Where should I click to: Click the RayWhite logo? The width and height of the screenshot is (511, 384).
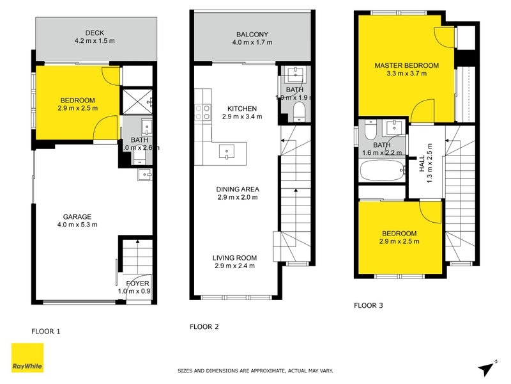point(27,359)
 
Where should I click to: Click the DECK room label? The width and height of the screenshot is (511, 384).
point(94,33)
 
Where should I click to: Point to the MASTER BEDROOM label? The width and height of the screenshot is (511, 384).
point(406,65)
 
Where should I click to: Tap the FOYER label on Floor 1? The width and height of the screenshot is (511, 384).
point(137,283)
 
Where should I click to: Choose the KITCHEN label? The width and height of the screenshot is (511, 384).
point(242,108)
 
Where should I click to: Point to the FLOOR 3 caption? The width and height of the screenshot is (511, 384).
point(369,306)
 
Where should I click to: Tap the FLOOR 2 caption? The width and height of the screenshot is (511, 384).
point(204,326)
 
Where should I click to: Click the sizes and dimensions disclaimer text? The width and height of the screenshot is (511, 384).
point(255,371)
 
